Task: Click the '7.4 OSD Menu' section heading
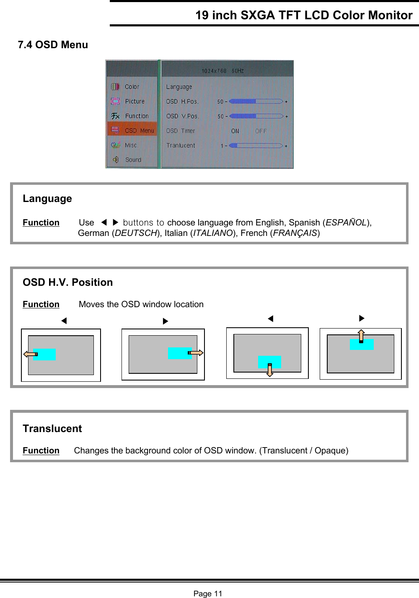[53, 45]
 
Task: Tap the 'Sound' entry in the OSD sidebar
[133, 160]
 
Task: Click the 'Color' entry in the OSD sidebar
[132, 87]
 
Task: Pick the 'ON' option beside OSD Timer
[235, 131]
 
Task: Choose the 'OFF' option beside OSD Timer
[261, 131]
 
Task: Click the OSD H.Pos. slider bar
[256, 101]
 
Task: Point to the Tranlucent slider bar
[256, 145]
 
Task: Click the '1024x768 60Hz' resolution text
[222, 71]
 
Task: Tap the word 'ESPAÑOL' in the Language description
[346, 223]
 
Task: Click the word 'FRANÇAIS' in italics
[295, 233]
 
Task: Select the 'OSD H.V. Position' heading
[68, 282]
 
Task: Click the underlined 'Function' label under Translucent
[41, 450]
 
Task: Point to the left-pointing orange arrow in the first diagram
[30, 355]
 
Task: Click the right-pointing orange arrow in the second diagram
[196, 353]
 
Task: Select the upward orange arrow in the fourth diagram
[361, 336]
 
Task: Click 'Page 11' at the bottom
[208, 593]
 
